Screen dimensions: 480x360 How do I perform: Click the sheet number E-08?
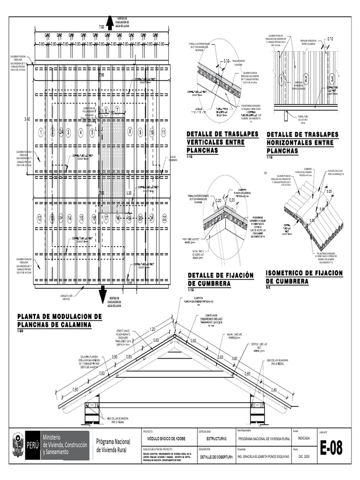click(x=331, y=449)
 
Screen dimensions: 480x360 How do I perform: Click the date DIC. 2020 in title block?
click(x=304, y=456)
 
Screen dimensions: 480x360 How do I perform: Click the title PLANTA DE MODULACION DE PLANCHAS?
click(x=59, y=320)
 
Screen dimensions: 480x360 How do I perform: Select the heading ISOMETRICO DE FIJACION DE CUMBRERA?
click(x=304, y=277)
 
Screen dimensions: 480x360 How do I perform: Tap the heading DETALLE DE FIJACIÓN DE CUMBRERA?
click(x=220, y=279)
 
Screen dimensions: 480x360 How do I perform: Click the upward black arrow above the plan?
click(x=111, y=22)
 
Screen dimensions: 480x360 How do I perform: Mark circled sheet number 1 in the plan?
click(x=41, y=133)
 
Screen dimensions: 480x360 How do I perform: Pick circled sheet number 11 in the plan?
click(x=164, y=133)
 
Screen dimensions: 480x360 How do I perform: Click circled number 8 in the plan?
click(x=130, y=133)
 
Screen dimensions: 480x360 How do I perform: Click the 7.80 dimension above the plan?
click(x=102, y=28)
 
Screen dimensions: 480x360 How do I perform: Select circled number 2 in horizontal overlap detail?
click(x=306, y=78)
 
